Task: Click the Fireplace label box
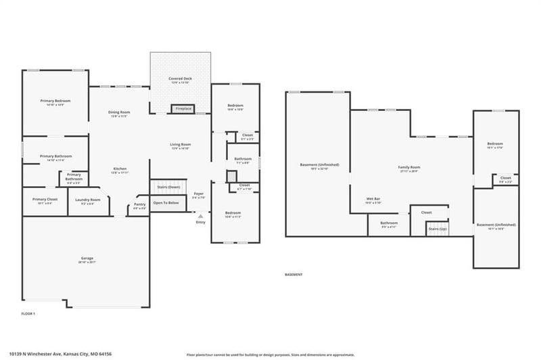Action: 183,108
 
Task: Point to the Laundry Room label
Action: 88,201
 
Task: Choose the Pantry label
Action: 139,206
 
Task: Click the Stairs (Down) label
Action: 168,187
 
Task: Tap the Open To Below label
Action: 166,203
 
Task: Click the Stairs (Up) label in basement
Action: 438,229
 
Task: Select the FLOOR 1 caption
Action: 28,314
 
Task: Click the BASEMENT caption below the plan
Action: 293,275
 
